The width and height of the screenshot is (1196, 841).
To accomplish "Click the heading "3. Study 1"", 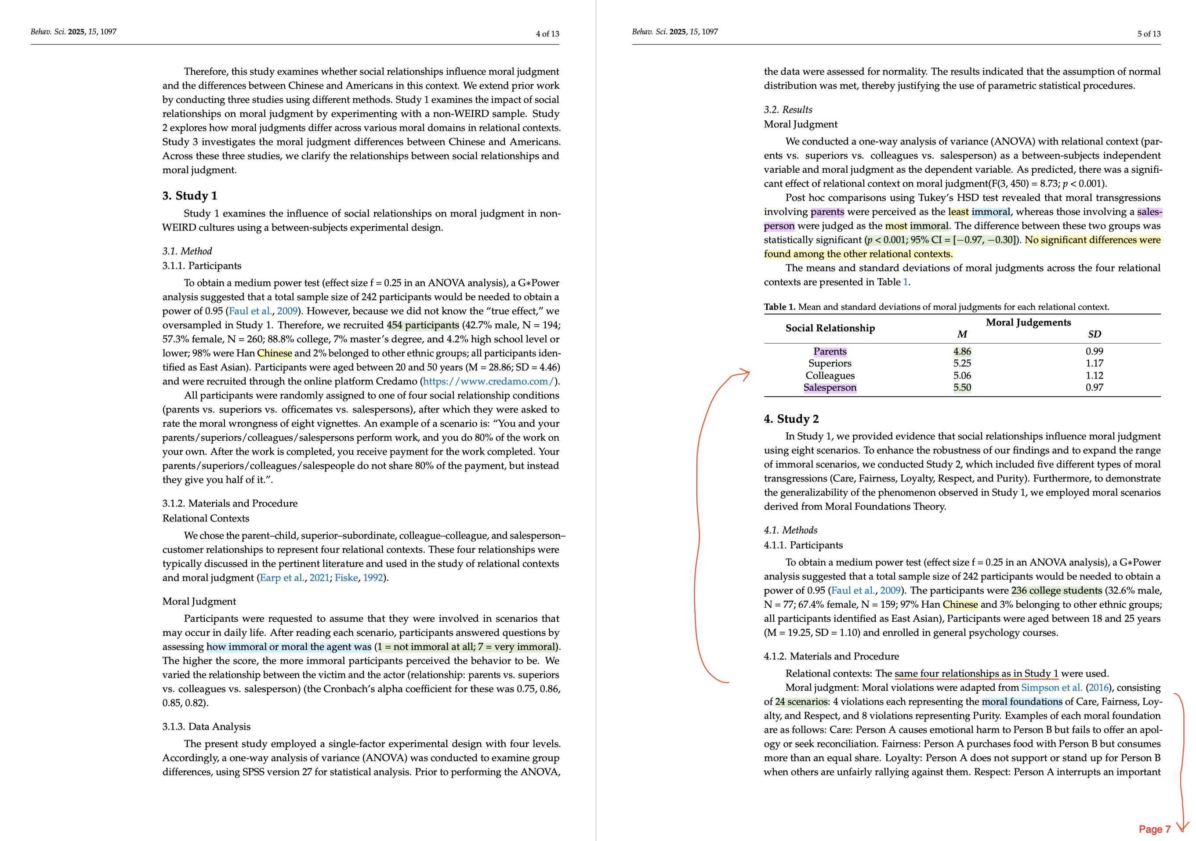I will click(190, 196).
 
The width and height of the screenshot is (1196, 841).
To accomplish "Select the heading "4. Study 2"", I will click(791, 419).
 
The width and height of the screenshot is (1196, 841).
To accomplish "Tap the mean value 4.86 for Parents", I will click(962, 351).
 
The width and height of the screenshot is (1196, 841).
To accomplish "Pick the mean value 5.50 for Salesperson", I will click(962, 388).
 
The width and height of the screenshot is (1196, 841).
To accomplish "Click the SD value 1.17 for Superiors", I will click(1094, 363).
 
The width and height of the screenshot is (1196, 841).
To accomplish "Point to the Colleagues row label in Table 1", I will click(830, 376).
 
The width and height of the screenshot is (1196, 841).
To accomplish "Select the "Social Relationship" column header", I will click(830, 328).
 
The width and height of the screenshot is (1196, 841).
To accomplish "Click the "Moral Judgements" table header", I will click(1028, 323).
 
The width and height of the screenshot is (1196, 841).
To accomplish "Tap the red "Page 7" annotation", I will click(1154, 829).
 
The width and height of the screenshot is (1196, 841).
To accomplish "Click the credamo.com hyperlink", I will click(488, 381).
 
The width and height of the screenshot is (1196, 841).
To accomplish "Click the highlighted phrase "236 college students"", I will click(1056, 591).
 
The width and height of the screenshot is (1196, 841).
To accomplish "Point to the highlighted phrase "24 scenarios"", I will click(801, 702).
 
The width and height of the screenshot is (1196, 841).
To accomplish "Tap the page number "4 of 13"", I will click(547, 34).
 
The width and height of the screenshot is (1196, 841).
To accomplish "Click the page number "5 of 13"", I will click(1149, 34).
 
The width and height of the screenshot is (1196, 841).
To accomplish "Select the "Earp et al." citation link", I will click(282, 578).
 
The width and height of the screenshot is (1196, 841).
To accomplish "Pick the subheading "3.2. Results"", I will click(788, 110).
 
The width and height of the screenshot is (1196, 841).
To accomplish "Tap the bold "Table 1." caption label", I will click(779, 307).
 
